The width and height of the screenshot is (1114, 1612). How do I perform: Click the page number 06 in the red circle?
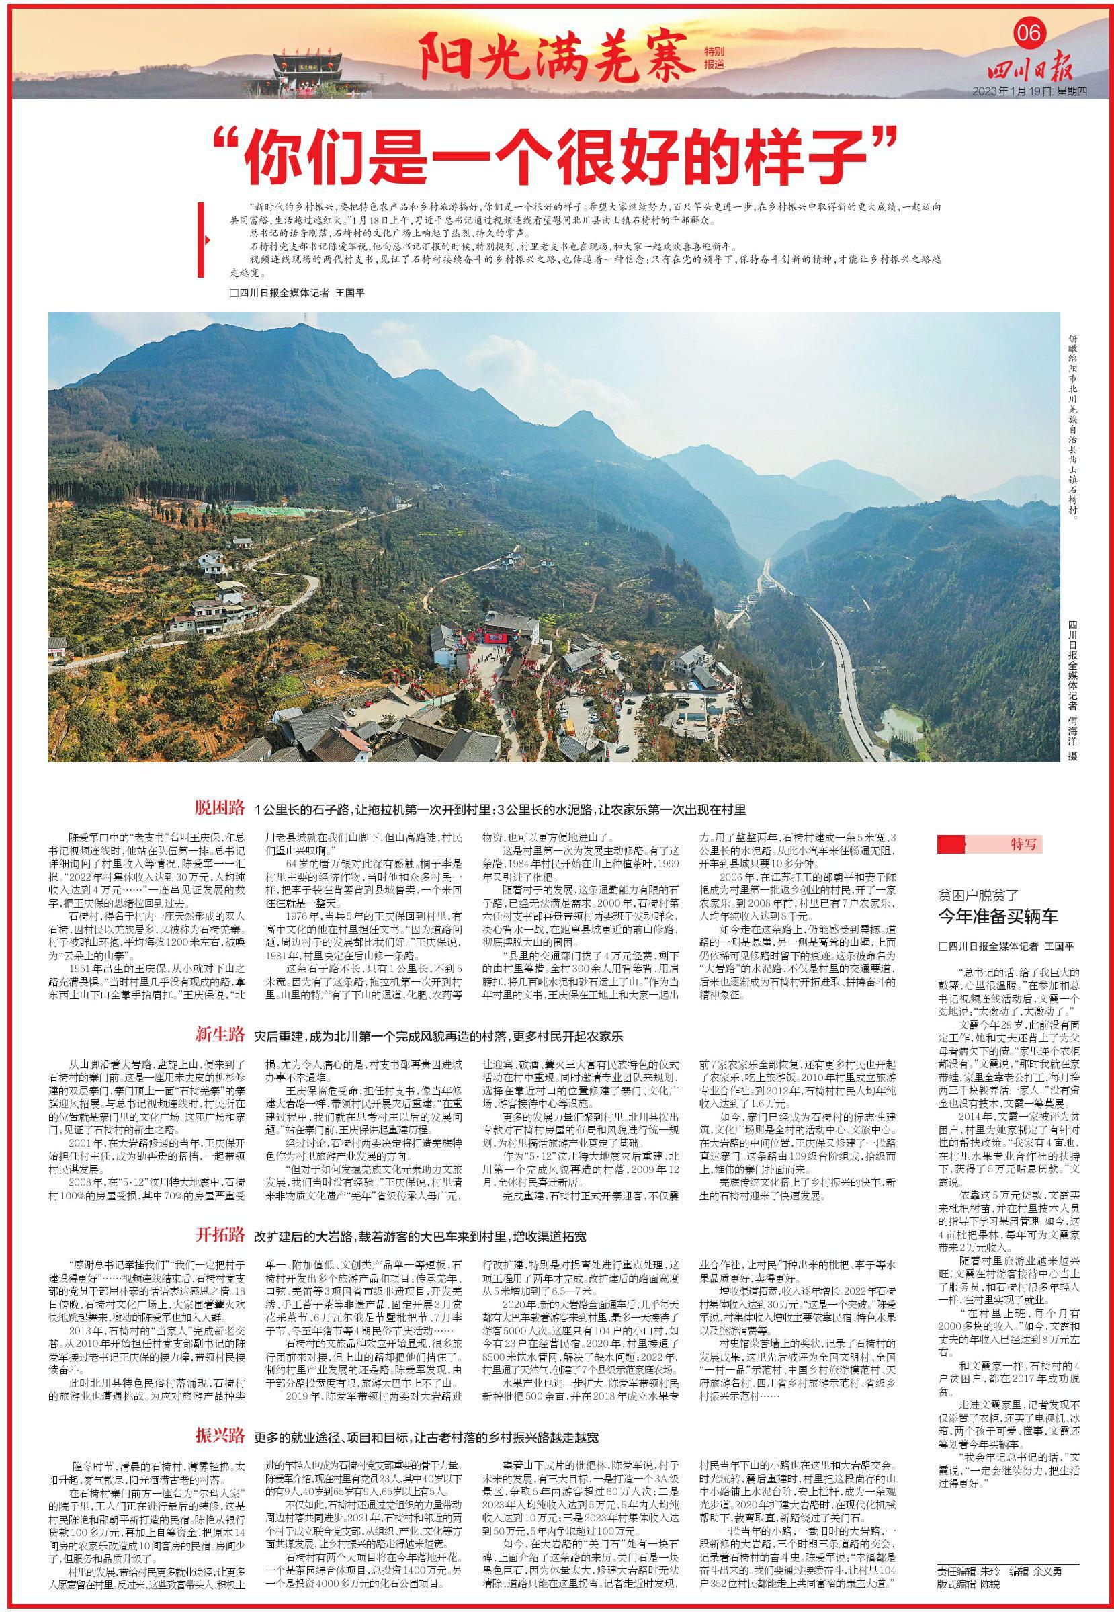[x=1028, y=33]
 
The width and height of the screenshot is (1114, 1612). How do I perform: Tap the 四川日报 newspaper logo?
[x=1029, y=70]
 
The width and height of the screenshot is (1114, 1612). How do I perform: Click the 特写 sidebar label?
[x=1024, y=845]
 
